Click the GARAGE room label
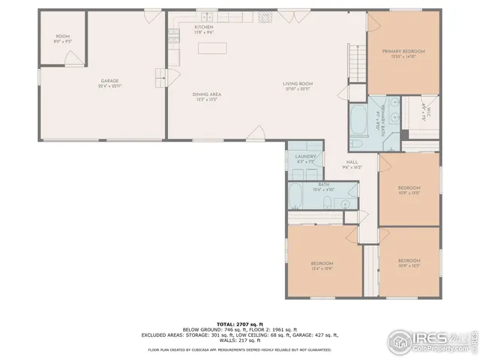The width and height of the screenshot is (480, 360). click(x=110, y=81)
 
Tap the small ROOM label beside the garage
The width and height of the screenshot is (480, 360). click(x=63, y=37)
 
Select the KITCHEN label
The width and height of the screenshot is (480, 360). click(x=184, y=26)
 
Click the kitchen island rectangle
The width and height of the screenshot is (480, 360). click(x=211, y=48)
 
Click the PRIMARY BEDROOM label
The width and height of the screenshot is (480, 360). click(x=403, y=51)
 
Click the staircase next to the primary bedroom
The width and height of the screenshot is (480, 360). click(x=357, y=60)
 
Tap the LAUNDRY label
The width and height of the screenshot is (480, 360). click(x=305, y=156)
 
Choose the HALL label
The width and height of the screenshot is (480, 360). click(x=352, y=162)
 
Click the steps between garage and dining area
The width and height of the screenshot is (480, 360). click(x=159, y=77)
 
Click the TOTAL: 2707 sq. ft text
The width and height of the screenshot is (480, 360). click(x=239, y=322)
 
